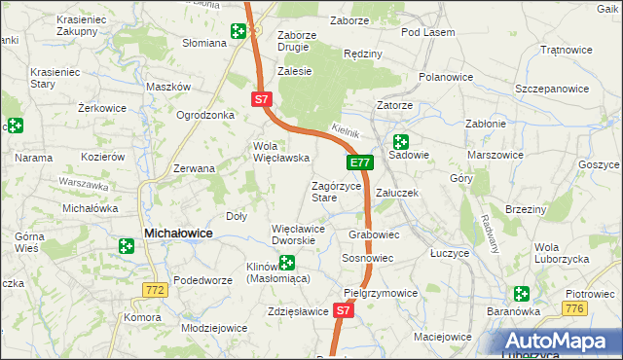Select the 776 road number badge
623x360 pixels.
click(x=574, y=307)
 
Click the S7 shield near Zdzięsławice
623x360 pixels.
click(x=342, y=310)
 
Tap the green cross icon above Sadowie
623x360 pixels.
click(x=400, y=141)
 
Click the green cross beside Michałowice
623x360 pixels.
click(x=126, y=247)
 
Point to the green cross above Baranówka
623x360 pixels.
click(x=522, y=293)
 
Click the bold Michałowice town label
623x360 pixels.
click(x=179, y=234)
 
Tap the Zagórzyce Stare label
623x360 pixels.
click(x=337, y=191)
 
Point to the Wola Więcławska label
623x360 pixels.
click(x=280, y=152)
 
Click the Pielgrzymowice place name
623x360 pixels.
click(x=381, y=292)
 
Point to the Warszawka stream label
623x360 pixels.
click(x=81, y=182)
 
